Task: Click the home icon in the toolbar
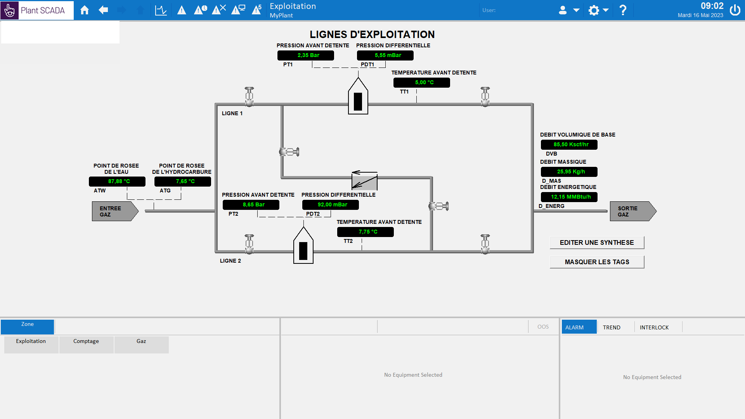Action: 85,10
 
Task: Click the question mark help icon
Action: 623,10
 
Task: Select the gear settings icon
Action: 594,10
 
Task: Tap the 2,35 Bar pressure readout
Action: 306,55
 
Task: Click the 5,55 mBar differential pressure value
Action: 385,55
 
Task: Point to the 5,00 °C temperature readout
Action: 422,83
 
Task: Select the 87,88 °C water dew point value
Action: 117,182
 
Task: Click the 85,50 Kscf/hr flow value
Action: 569,145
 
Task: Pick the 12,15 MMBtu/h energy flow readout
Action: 569,197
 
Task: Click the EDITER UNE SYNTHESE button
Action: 597,242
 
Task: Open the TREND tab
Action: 612,327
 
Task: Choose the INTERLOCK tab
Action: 654,327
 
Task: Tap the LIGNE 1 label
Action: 232,113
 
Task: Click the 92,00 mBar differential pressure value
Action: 331,205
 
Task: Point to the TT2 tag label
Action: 348,241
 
